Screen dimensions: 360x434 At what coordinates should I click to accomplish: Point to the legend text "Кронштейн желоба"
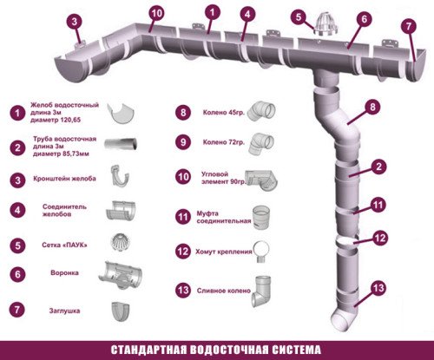tap(62, 178)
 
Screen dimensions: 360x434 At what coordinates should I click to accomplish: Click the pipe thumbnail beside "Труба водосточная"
tap(122, 144)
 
